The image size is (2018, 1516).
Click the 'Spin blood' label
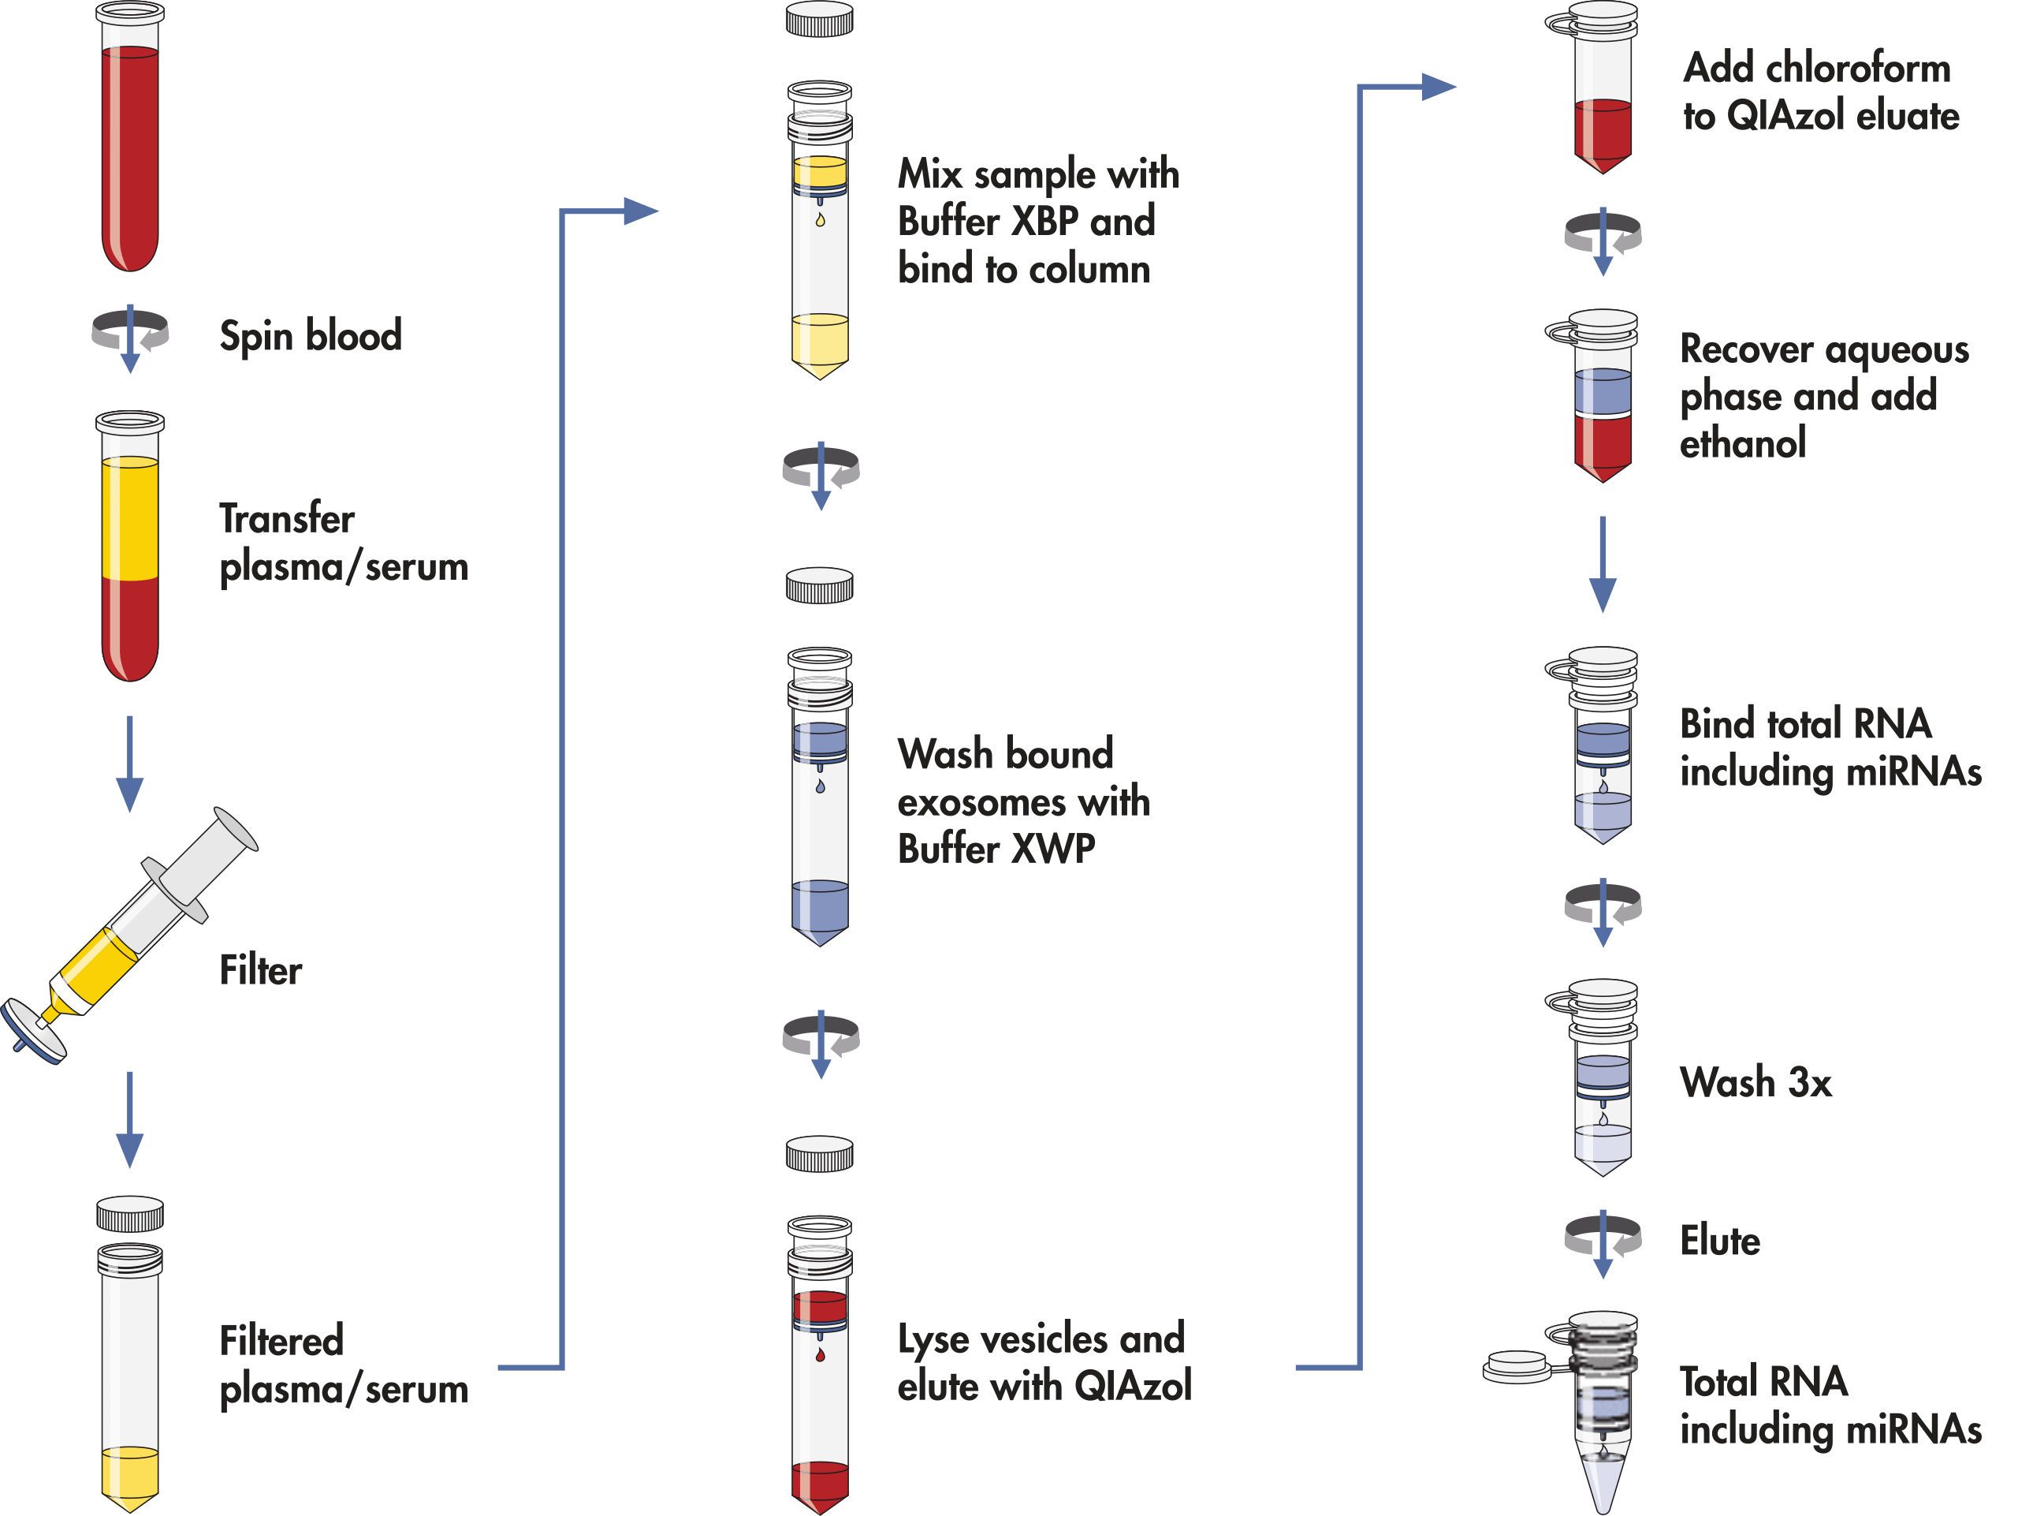tap(310, 336)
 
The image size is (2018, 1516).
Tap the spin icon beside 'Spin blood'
tap(129, 334)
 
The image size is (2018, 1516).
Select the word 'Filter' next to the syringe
tap(260, 970)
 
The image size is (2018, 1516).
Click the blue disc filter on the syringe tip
tap(34, 1032)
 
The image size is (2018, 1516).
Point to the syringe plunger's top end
tap(237, 828)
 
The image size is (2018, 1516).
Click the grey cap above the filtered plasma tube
tap(129, 1214)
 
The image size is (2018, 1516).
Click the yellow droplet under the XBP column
tap(820, 219)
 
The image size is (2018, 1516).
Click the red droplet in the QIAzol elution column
tap(820, 1355)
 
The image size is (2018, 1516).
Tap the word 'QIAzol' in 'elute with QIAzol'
tap(1132, 1387)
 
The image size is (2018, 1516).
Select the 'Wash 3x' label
tap(1756, 1082)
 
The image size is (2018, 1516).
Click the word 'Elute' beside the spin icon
tap(1720, 1242)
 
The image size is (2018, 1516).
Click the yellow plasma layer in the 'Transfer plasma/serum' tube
tap(129, 518)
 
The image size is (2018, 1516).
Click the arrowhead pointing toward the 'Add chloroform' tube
tap(1439, 88)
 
